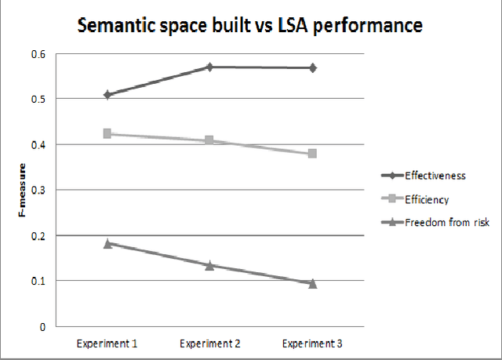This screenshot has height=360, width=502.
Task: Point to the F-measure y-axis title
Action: [24, 190]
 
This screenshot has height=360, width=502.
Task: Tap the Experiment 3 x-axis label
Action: [313, 344]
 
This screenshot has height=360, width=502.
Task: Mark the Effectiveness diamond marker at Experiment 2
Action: [209, 67]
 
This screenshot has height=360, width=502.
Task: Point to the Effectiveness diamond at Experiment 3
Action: [313, 68]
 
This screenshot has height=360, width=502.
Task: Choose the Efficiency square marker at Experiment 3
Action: [313, 154]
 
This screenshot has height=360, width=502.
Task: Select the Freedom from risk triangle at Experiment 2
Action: [209, 265]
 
